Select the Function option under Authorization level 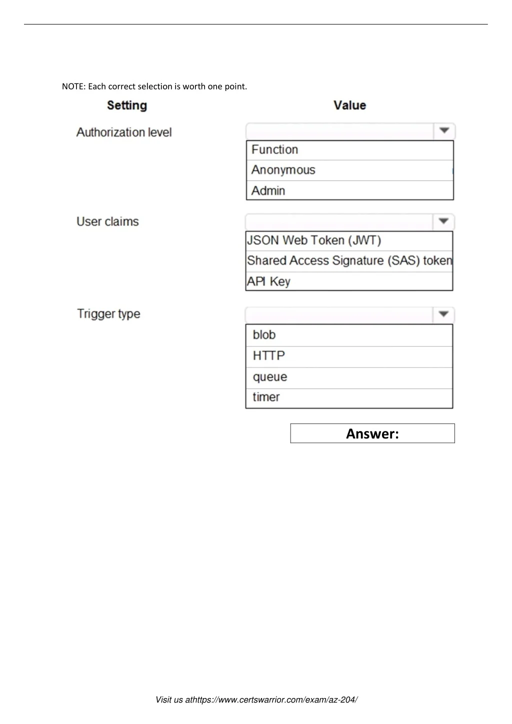275,150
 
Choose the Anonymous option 283,170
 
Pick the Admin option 268,190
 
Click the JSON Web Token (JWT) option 314,240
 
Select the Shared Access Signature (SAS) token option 349,261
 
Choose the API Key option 268,281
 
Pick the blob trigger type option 264,335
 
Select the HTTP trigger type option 269,356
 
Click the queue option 270,377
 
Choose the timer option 266,397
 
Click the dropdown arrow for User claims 443,221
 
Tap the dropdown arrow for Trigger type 443,314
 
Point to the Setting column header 127,105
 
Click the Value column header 350,105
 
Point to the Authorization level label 124,132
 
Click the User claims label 107,221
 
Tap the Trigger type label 108,314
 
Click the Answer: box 372,433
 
